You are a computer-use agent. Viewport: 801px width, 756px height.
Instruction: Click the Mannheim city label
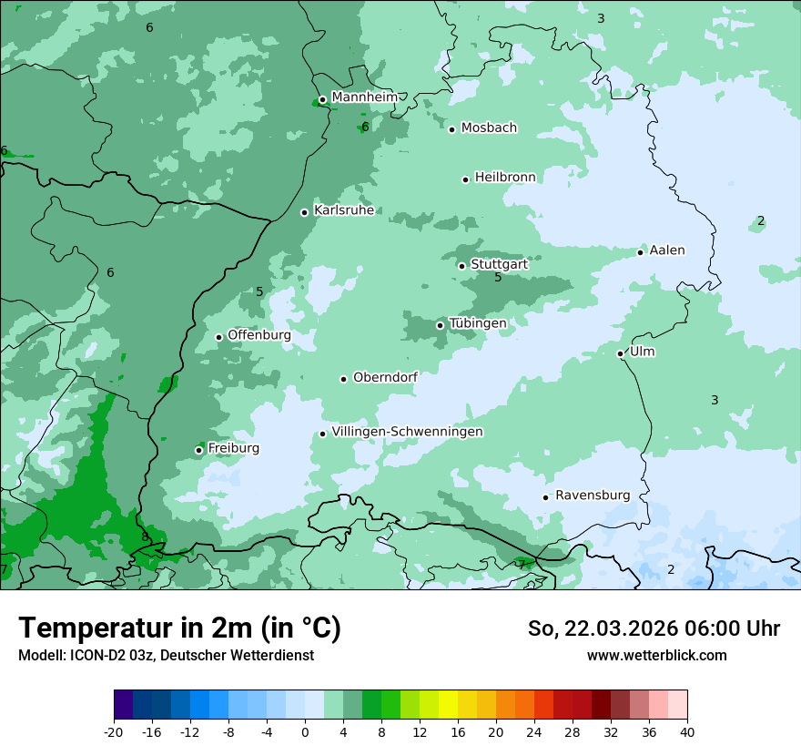364,97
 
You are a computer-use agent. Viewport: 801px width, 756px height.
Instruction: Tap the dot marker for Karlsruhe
305,212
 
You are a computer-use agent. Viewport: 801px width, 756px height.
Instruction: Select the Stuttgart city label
499,265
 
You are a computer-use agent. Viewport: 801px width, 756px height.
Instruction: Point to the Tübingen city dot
441,325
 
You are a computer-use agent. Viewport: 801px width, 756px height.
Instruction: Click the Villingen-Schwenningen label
407,432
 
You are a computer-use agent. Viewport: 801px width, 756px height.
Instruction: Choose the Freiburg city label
233,448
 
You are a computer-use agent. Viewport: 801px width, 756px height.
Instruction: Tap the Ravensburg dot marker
546,497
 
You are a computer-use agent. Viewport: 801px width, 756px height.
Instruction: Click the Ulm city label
642,352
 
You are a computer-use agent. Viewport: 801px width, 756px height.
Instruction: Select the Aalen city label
666,250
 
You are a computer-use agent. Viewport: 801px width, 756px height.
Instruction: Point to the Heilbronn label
505,178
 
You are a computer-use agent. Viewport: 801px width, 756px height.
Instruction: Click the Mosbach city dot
451,129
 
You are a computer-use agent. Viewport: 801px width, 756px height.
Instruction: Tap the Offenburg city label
259,335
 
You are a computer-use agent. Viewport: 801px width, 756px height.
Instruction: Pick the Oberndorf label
385,377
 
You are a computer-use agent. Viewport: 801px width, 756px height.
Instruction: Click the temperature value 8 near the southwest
145,537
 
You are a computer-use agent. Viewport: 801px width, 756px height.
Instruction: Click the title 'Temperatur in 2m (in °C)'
179,628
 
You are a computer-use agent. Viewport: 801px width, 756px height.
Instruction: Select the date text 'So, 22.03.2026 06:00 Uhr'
654,628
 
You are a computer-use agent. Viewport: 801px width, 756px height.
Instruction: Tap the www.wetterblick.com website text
656,656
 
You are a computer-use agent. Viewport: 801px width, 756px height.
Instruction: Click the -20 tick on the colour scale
114,732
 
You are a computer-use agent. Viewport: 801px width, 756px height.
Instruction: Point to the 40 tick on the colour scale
687,732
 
